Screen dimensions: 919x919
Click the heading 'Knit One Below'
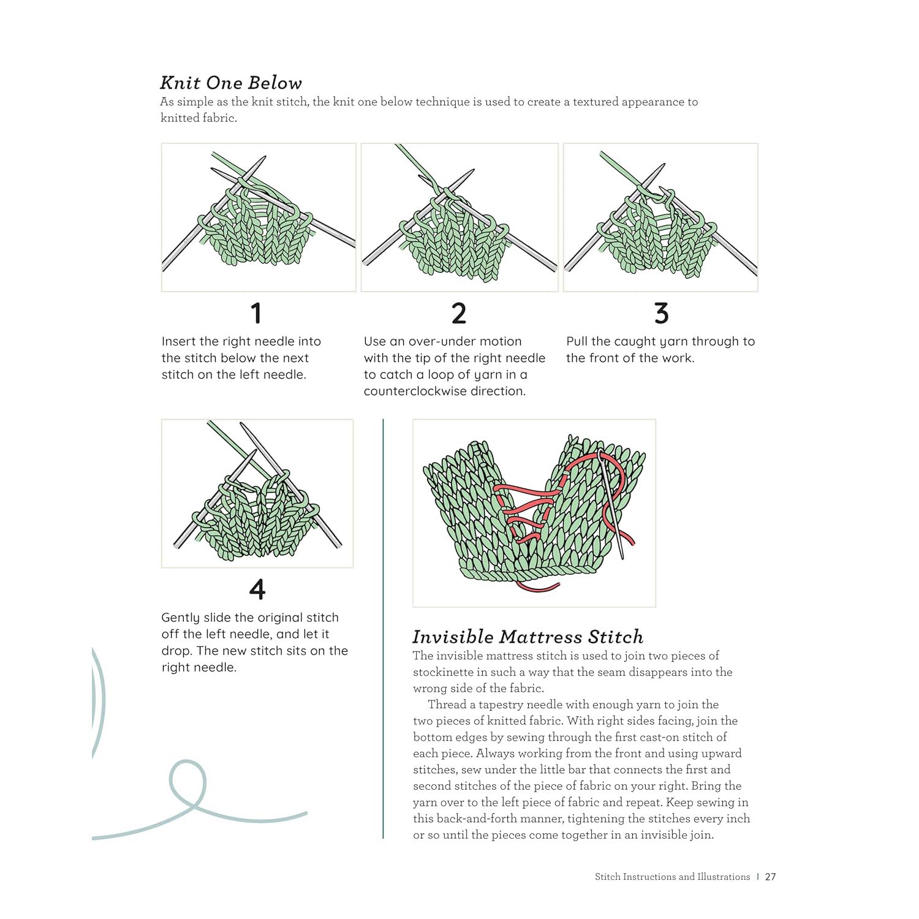pos(231,83)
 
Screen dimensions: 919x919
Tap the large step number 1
pos(257,313)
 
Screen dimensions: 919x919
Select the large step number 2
pos(459,313)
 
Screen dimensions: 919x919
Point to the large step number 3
pos(661,313)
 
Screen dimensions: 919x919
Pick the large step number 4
pos(257,589)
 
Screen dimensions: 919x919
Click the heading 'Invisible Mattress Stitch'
pos(528,637)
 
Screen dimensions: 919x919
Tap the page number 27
pos(771,877)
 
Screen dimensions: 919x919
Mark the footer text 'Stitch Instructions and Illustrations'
pos(672,877)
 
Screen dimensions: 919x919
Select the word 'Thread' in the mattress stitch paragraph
pos(447,705)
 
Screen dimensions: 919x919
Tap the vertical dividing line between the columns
pos(384,629)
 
